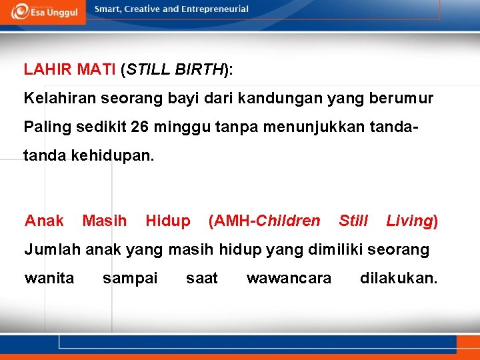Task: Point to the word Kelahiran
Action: point(57,99)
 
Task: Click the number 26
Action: point(141,126)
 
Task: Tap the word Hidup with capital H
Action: point(167,221)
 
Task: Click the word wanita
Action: point(49,278)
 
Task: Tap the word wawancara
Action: point(289,278)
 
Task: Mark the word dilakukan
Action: point(399,278)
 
